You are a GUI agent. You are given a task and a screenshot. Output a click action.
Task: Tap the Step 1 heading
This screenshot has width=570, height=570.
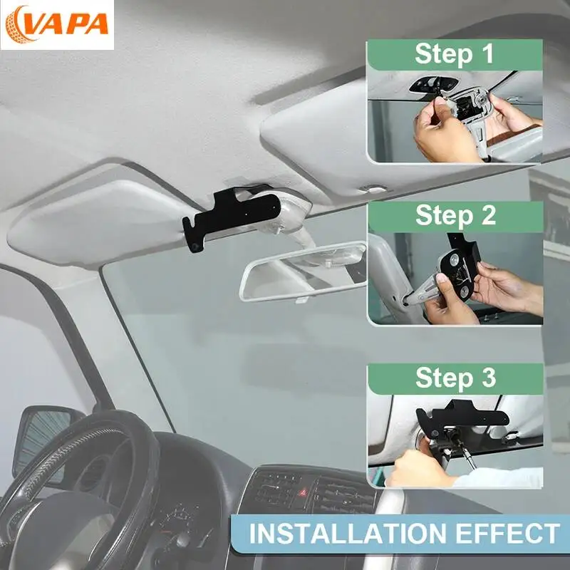tap(455, 54)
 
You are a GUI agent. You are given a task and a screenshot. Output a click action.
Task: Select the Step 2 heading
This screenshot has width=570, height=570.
tap(455, 215)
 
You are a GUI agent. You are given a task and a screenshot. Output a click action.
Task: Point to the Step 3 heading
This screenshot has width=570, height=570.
tap(455, 378)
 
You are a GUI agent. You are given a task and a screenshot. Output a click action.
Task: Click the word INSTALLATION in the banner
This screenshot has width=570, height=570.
tap(348, 533)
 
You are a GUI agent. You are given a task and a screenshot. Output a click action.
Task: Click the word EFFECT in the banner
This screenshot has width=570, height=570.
tap(507, 533)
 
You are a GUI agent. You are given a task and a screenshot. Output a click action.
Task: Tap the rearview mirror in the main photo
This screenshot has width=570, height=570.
tap(304, 271)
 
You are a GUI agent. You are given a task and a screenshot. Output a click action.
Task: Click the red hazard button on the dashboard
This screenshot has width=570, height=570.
tap(302, 493)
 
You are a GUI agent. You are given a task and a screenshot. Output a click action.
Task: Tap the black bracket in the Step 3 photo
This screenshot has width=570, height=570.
tap(461, 416)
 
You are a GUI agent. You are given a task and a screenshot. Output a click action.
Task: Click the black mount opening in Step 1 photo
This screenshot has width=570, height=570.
tap(432, 85)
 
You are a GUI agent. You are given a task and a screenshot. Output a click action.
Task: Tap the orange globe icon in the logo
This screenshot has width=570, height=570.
tap(17, 25)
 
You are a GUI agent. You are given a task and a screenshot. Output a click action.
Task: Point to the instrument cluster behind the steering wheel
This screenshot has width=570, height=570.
tap(182, 524)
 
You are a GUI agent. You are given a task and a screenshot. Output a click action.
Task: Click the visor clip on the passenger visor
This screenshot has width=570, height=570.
tap(375, 189)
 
